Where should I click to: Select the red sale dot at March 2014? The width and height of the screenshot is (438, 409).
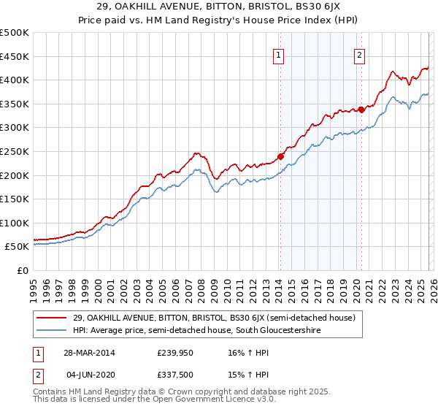pos(280,156)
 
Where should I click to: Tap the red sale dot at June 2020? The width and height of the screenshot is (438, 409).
pos(361,110)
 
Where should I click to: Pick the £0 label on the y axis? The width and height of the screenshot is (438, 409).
pos(23,270)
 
